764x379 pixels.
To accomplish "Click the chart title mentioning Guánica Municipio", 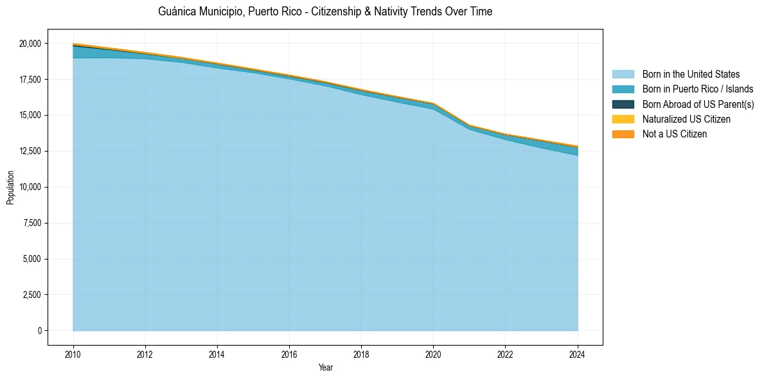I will pyautogui.click(x=325, y=12).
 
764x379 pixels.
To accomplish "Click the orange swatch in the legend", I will pyautogui.click(x=623, y=134).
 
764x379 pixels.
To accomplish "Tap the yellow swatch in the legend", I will pyautogui.click(x=623, y=119).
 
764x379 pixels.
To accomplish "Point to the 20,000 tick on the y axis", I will pyautogui.click(x=30, y=44).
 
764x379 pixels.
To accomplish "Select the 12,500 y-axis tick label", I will pyautogui.click(x=30, y=152).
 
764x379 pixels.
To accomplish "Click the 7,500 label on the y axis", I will pyautogui.click(x=31, y=224).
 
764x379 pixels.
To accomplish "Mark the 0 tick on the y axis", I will pyautogui.click(x=39, y=331).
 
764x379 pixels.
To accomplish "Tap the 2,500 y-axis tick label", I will pyautogui.click(x=31, y=295).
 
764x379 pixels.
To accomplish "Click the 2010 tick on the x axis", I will pyautogui.click(x=73, y=354).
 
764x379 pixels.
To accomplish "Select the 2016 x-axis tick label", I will pyautogui.click(x=289, y=354).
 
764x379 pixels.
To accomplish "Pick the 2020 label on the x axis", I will pyautogui.click(x=433, y=354).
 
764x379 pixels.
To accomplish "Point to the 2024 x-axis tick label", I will pyautogui.click(x=578, y=354).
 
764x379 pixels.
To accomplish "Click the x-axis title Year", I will pyautogui.click(x=325, y=368).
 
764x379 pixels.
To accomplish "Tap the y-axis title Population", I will pyautogui.click(x=10, y=188).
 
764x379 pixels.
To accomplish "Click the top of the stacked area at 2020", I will pyautogui.click(x=433, y=103).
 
